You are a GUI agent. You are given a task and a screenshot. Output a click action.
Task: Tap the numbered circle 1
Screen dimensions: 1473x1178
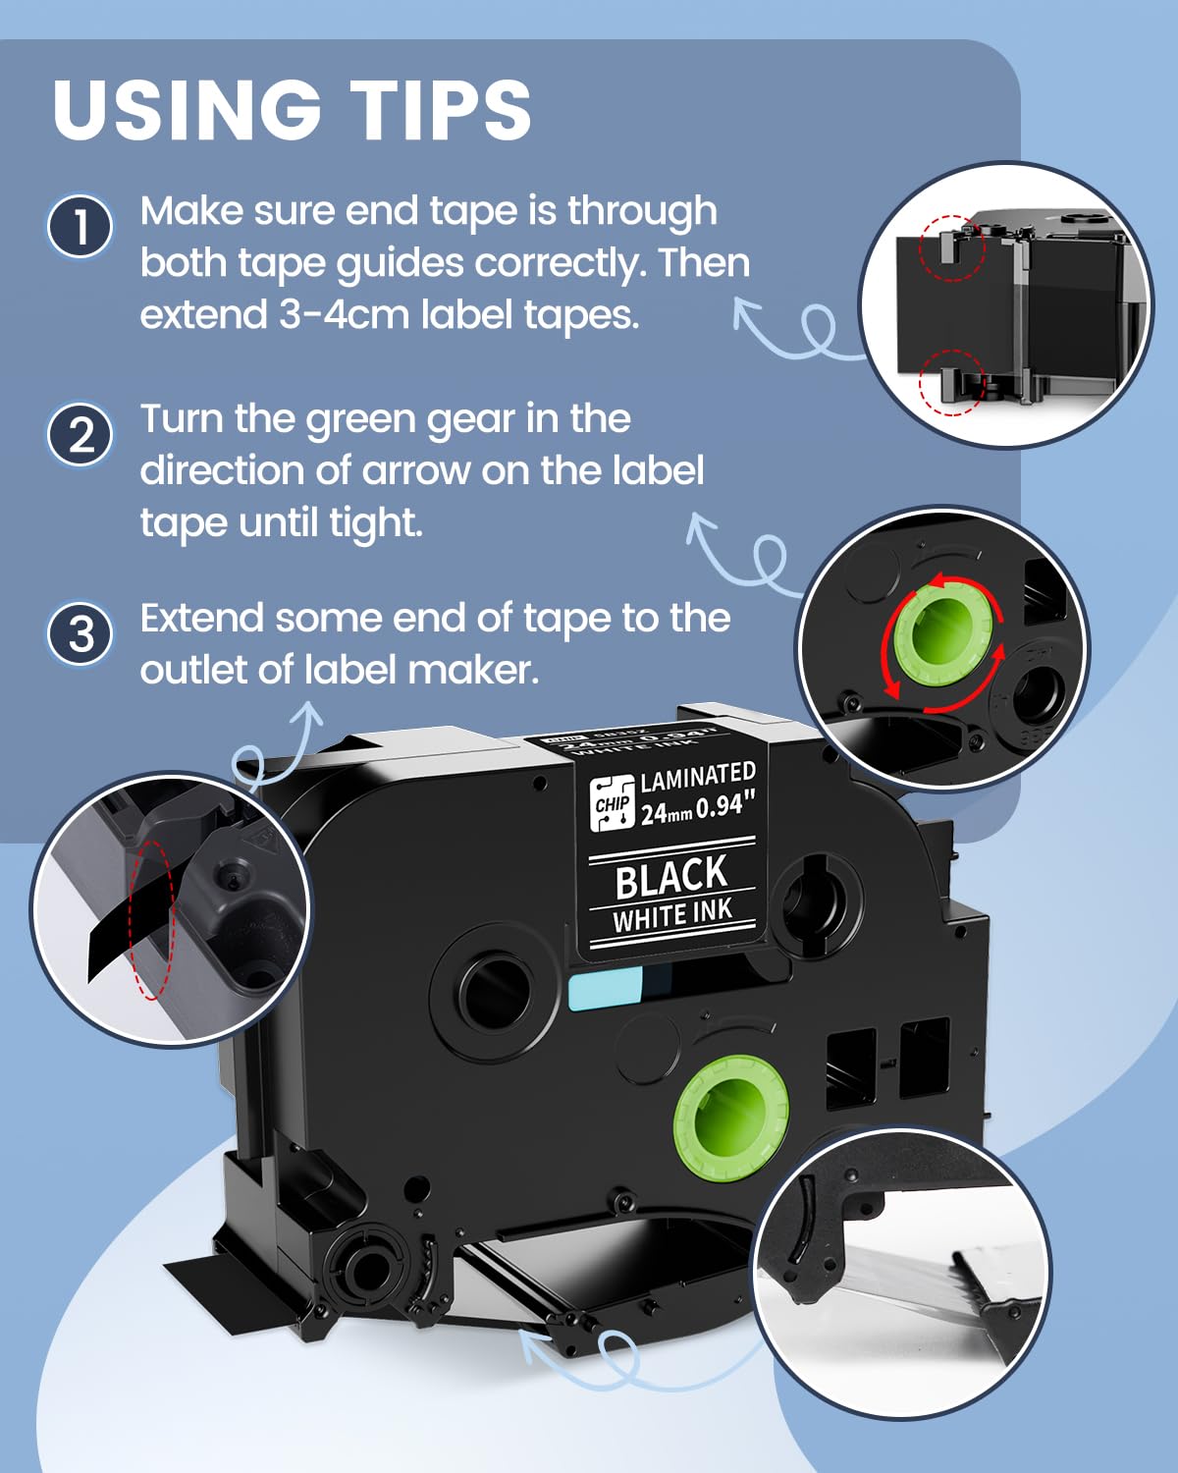(80, 227)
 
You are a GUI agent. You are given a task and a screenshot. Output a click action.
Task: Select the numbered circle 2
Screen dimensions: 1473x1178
(80, 435)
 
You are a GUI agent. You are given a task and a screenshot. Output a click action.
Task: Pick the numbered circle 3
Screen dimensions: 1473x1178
(80, 633)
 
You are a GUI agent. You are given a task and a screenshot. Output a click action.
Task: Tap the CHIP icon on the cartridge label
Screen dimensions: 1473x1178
(612, 803)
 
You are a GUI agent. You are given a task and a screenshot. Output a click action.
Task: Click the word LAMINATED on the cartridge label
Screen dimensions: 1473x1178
(698, 778)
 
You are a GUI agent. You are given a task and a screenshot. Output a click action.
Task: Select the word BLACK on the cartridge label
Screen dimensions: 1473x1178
(671, 877)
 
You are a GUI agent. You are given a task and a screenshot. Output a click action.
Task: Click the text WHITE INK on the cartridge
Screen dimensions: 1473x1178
(672, 917)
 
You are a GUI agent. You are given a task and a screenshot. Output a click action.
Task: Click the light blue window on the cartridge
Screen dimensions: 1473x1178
(605, 987)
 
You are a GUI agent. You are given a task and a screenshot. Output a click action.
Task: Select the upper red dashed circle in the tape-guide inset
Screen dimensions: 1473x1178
(950, 247)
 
